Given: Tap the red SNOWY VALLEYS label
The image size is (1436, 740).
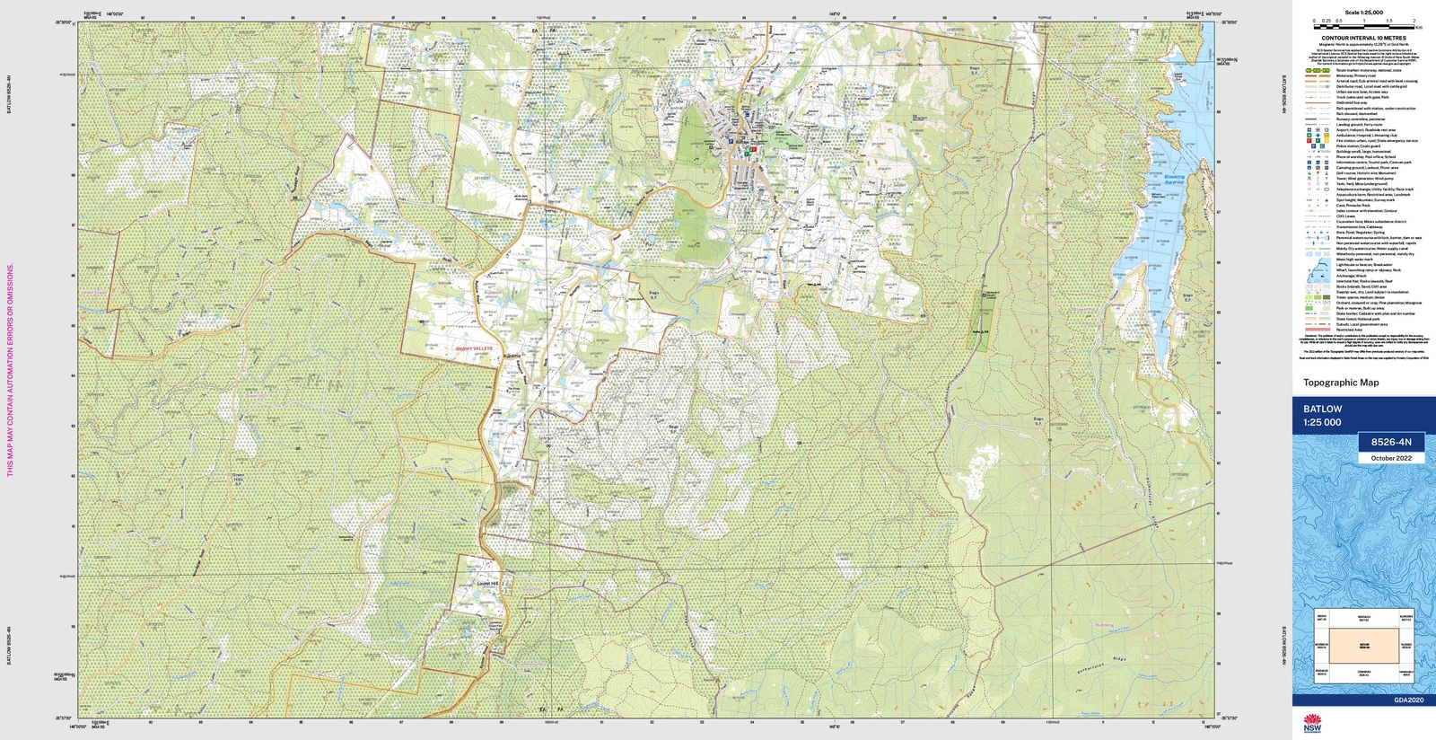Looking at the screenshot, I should (473, 348).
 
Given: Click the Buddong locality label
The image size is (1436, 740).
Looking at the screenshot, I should (1104, 625).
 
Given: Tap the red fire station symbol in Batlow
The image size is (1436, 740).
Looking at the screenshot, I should (755, 150).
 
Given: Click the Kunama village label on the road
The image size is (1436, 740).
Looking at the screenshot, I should (512, 357).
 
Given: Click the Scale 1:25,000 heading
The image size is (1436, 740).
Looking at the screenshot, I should (1363, 13).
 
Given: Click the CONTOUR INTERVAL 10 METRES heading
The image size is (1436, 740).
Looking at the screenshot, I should (1363, 39).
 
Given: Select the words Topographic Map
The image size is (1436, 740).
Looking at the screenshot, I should (1341, 383).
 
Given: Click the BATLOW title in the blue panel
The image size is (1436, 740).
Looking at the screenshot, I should (1323, 409).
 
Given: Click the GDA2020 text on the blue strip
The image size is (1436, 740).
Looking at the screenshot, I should (1408, 700).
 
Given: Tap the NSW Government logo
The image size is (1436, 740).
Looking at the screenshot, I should (1312, 724).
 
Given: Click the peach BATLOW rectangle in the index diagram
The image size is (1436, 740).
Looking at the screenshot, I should (1362, 645).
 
